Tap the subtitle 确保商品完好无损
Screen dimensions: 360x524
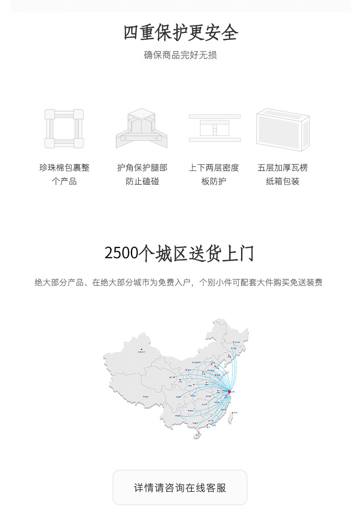(x=180, y=55)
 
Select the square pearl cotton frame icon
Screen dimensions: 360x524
(x=64, y=129)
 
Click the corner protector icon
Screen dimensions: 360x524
(x=142, y=129)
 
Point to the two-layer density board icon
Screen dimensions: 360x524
(x=215, y=128)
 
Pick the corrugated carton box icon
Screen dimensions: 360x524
(x=283, y=130)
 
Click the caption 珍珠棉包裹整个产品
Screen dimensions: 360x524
(x=64, y=175)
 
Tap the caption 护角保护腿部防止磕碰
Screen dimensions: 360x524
(x=142, y=175)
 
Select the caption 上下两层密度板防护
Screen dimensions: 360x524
(x=214, y=175)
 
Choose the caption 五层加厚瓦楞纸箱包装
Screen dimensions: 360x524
(x=283, y=175)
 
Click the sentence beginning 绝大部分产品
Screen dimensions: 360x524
(x=179, y=283)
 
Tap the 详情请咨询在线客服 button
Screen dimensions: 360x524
(x=180, y=488)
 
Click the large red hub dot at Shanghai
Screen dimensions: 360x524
(x=229, y=391)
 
